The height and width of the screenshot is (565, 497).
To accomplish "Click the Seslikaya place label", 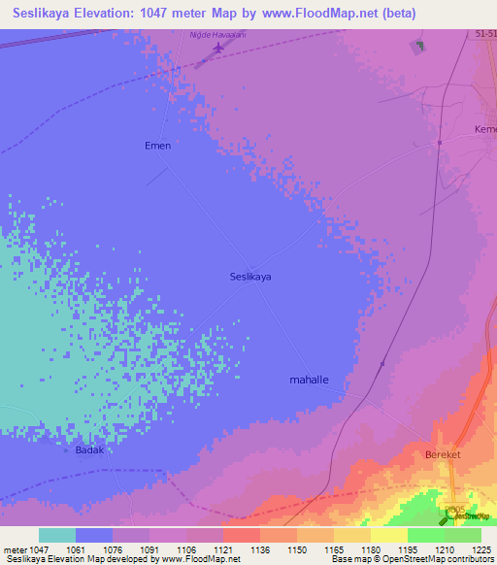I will click(x=250, y=277).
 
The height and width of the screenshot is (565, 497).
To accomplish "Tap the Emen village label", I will click(x=157, y=146).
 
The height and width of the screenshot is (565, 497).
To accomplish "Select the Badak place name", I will click(x=89, y=450).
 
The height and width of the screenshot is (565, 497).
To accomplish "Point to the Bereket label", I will click(x=440, y=454).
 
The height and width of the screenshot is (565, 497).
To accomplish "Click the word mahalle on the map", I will click(x=311, y=380).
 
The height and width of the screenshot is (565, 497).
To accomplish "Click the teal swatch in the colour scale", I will click(x=57, y=535).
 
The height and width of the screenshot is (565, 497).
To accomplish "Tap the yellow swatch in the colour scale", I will click(x=389, y=535).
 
